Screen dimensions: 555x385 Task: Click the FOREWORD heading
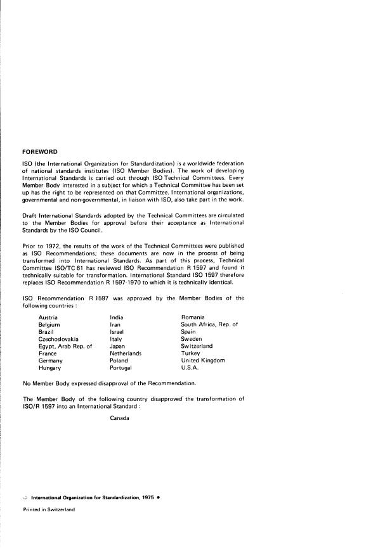pos(40,152)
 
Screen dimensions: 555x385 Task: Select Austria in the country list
pos(49,317)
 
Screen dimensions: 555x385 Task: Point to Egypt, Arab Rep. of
pos(65,347)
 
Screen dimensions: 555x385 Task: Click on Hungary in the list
pos(50,368)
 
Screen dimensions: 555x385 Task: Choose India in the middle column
pos(117,317)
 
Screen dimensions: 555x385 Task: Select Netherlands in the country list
pos(126,354)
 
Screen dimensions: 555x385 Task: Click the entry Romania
pos(193,317)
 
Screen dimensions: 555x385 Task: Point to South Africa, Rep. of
pos(209,324)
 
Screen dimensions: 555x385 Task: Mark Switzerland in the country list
pos(197,347)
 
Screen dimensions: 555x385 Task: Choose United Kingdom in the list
pos(203,361)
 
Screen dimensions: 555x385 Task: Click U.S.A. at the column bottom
pos(190,368)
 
